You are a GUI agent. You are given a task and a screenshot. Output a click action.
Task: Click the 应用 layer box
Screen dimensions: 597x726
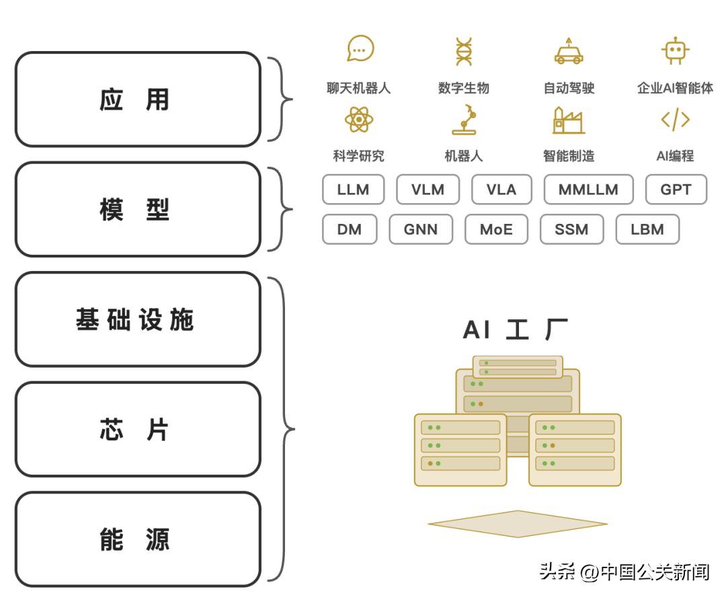point(137,99)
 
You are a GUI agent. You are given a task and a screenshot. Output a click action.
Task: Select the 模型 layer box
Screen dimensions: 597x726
point(137,209)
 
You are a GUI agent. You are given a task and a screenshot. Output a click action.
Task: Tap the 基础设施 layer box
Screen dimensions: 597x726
point(137,319)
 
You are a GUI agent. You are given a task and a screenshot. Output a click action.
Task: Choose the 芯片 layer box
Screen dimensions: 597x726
point(137,430)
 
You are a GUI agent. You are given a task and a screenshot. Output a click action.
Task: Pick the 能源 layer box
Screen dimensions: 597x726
point(137,539)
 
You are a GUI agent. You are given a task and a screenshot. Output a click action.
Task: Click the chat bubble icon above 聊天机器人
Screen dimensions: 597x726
point(360,50)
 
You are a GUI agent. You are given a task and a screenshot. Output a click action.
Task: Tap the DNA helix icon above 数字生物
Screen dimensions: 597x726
point(463,52)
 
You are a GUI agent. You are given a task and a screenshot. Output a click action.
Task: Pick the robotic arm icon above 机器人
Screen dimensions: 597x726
point(464,120)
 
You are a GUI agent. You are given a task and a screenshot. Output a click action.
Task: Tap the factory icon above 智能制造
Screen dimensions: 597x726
point(568,120)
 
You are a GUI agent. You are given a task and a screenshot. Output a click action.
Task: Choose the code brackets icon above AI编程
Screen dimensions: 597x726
point(675,120)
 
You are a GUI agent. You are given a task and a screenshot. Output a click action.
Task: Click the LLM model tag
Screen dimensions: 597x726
point(354,190)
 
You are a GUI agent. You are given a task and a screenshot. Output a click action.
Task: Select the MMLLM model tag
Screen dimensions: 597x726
point(588,190)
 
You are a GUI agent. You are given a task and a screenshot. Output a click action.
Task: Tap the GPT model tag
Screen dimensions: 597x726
point(676,190)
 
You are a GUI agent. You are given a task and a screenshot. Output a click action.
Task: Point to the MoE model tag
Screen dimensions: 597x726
point(496,229)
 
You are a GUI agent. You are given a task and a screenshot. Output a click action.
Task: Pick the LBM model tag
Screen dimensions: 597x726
point(647,229)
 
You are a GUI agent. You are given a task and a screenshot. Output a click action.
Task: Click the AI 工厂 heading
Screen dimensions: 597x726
point(516,330)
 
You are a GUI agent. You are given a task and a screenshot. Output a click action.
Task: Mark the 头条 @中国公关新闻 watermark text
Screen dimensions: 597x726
point(624,572)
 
